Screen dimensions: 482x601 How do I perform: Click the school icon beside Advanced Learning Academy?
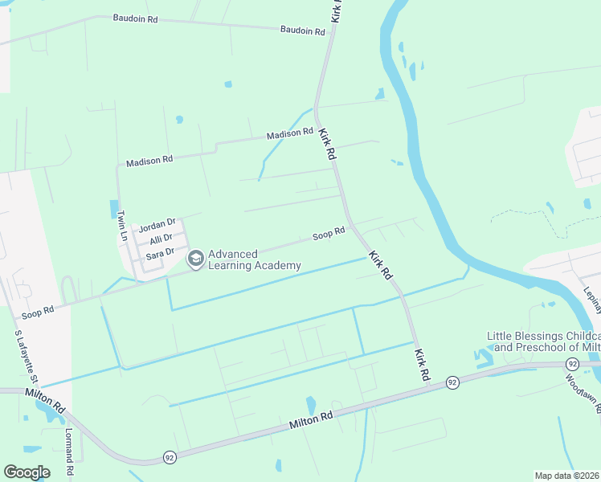pos(194,259)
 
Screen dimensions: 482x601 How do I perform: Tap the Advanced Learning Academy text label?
pos(255,259)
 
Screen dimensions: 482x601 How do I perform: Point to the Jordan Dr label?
pos(156,226)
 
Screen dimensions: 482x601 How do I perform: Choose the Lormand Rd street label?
pos(69,455)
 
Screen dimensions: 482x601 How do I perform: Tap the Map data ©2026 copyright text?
pos(566,476)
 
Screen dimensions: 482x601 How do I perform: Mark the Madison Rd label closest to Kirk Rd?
pos(290,133)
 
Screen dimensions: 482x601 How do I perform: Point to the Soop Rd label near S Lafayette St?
pos(38,310)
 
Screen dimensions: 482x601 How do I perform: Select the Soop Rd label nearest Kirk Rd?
pos(329,235)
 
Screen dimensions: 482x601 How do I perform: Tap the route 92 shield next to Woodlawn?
pos(571,364)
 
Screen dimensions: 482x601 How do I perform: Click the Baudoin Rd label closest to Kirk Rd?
pos(302,31)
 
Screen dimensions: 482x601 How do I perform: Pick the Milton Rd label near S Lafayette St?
pos(50,399)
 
